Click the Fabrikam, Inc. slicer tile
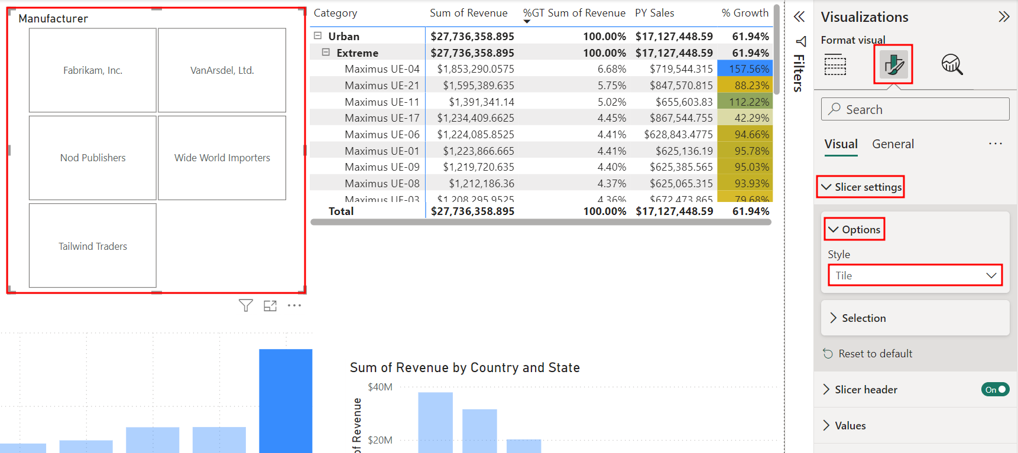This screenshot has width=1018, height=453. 93,70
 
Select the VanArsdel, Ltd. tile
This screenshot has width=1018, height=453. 222,70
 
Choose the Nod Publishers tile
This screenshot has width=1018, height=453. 93,158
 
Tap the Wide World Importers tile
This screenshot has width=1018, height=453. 222,158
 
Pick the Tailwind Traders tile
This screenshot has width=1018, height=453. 93,246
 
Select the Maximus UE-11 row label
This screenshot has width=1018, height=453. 382,102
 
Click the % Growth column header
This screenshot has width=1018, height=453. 745,13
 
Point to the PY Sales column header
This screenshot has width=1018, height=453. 654,13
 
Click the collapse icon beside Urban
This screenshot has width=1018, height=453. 318,36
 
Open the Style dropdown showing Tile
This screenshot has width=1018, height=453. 915,276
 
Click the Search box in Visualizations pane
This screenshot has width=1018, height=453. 915,109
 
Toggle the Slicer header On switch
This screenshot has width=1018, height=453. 995,389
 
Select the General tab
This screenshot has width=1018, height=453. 893,144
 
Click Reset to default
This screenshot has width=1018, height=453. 875,354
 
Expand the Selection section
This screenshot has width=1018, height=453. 863,318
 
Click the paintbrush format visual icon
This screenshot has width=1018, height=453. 893,64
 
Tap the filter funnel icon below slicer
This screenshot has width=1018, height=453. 246,305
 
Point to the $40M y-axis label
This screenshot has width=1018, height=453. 380,387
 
